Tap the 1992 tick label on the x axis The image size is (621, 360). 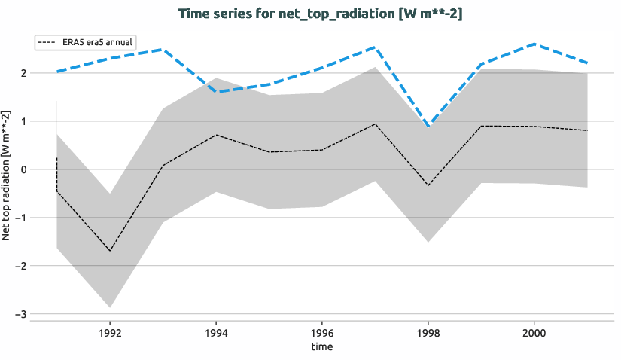coord(110,331)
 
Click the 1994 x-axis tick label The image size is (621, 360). coord(216,331)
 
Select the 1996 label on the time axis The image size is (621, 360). coord(322,331)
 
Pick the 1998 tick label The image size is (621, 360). coord(428,331)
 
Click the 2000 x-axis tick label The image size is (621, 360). coord(534,331)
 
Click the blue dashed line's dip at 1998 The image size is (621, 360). coord(428,127)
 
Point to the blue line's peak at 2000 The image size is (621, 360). coord(534,44)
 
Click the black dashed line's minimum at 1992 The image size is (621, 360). coord(110,251)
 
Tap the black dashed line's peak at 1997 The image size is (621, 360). coord(375,124)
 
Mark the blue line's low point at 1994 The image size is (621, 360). coord(216,92)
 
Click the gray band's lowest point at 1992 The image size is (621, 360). coord(110,307)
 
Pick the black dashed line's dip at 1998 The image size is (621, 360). coord(428,185)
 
